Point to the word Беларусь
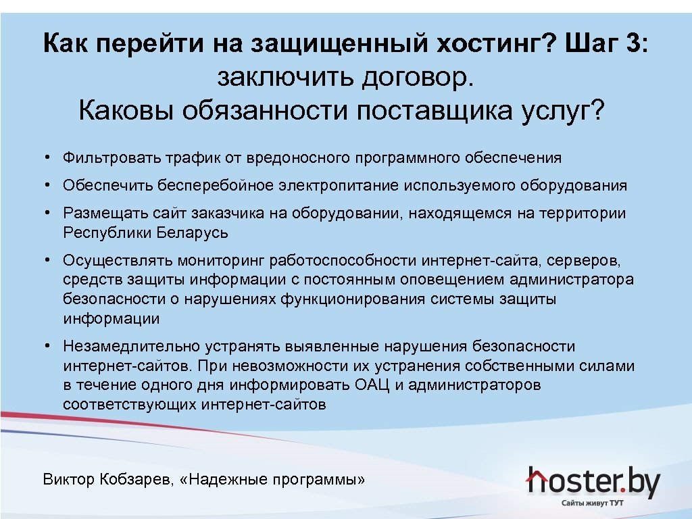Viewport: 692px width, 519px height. [193, 233]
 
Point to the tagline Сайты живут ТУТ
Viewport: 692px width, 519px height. [592, 503]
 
